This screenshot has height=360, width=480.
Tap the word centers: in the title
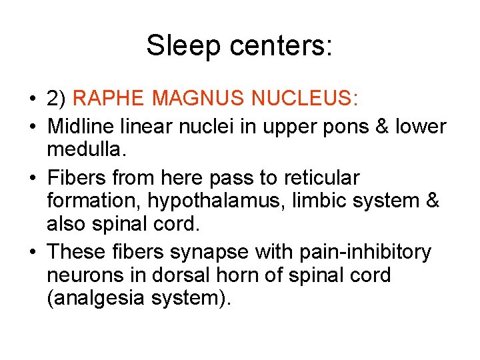pos(281,46)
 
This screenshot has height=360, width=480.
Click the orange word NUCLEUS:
pos(305,99)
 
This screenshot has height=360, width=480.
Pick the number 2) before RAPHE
pos(56,100)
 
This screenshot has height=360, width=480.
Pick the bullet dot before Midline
pos(33,126)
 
